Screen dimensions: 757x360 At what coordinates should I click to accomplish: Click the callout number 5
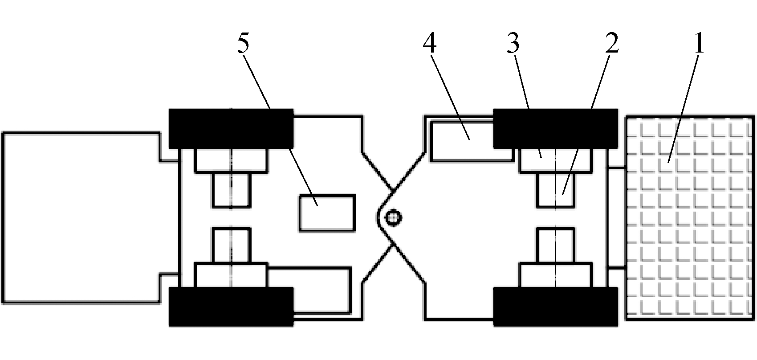tap(243, 44)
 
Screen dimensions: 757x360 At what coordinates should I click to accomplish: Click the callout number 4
tap(430, 44)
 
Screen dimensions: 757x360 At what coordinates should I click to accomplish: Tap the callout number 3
tap(513, 44)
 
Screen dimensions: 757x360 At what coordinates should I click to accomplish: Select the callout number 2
tap(612, 44)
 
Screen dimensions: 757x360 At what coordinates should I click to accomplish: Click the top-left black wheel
tap(232, 128)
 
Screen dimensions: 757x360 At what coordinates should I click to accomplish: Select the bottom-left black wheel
tap(232, 307)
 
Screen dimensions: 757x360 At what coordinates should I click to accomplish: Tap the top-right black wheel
tap(556, 128)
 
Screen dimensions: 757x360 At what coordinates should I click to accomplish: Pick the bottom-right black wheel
tap(556, 307)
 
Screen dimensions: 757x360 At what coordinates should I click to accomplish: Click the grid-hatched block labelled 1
tap(690, 218)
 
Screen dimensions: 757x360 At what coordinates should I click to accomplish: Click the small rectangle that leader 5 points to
tap(327, 213)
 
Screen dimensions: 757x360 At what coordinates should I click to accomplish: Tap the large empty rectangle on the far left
tap(81, 218)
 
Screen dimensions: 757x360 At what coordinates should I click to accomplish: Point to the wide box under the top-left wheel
tap(232, 160)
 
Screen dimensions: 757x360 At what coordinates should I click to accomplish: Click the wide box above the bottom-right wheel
tap(556, 275)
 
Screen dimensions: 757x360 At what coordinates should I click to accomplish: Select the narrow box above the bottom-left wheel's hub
tap(232, 245)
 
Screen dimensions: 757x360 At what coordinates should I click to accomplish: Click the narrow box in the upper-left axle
tap(232, 190)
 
